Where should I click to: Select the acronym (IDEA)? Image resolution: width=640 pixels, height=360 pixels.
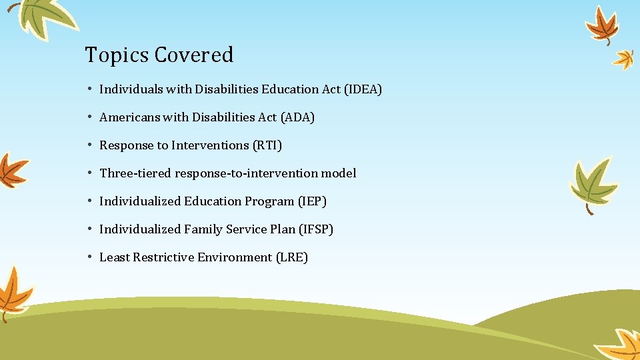363,89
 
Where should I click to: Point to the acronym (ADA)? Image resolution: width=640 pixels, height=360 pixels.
297,117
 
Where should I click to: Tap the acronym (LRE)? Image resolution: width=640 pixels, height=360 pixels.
291,257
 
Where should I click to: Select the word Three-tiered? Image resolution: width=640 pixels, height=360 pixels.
135,173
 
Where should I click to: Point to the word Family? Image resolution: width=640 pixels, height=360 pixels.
204,229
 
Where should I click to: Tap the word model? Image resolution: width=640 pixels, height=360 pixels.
338,173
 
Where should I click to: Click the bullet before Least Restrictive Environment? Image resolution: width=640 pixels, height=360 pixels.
89,257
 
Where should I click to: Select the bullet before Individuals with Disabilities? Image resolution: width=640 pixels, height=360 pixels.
89,89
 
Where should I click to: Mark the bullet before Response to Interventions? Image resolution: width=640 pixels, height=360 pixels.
89,145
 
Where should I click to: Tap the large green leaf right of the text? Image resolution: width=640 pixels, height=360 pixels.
591,181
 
